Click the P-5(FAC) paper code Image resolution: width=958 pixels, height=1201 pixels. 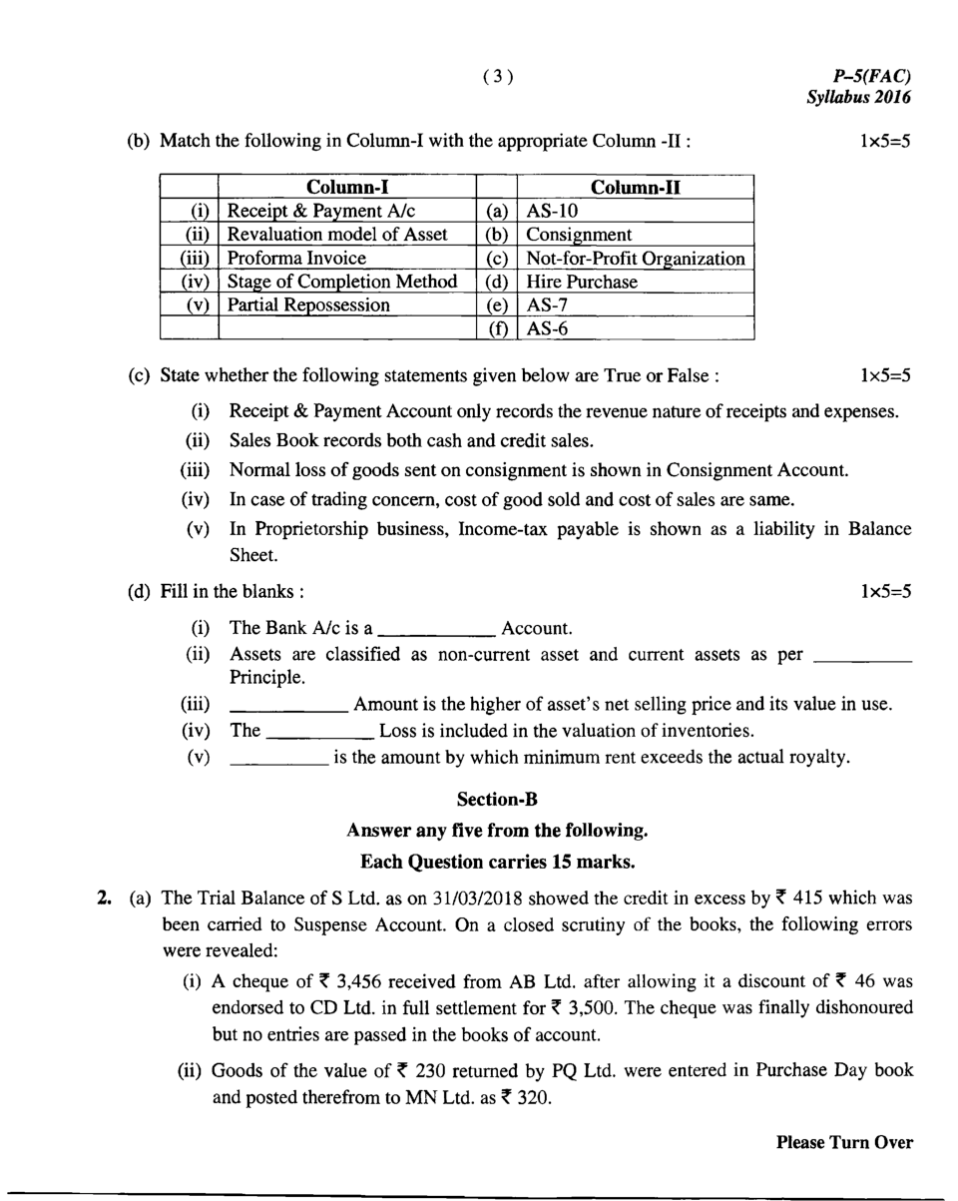point(871,77)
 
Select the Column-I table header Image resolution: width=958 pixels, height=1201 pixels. point(346,187)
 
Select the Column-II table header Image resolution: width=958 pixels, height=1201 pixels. point(636,187)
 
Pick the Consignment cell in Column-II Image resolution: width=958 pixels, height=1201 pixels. point(579,236)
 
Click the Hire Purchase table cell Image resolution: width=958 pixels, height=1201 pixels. point(581,283)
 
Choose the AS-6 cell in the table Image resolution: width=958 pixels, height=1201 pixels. point(548,328)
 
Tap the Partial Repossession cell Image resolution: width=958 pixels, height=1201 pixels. point(308,305)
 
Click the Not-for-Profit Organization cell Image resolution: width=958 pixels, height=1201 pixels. point(636,259)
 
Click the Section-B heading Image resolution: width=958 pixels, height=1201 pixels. point(497,800)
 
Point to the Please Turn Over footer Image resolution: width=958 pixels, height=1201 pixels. point(844,1143)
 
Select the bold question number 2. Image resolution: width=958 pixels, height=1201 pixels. point(103,899)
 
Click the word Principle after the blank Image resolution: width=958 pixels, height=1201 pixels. point(267,678)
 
